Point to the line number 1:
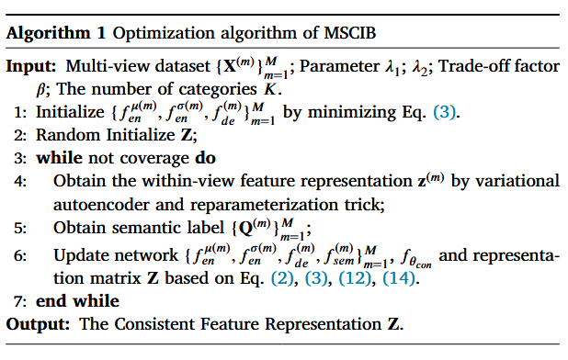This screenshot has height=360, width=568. [19, 115]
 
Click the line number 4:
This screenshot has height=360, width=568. [19, 181]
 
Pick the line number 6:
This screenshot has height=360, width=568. [19, 254]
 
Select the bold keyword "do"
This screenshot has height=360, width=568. [205, 157]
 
